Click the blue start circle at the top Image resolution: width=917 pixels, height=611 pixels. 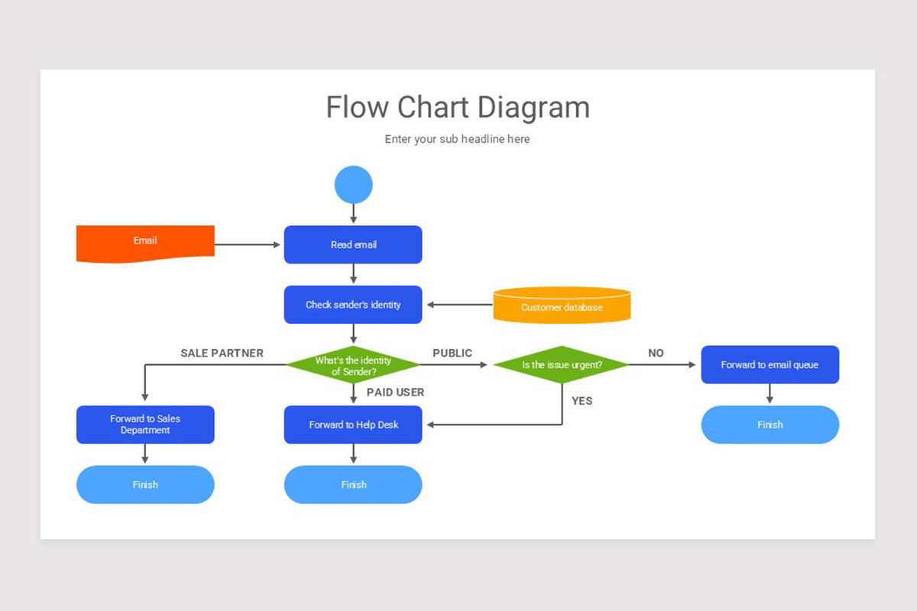pyautogui.click(x=353, y=185)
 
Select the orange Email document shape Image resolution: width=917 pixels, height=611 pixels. pyautogui.click(x=145, y=244)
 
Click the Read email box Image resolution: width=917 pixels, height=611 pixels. pyautogui.click(x=353, y=244)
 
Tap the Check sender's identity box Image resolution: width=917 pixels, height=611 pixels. pyautogui.click(x=353, y=305)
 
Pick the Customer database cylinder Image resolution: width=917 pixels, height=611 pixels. pyautogui.click(x=562, y=306)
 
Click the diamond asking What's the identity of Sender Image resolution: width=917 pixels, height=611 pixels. pyautogui.click(x=353, y=365)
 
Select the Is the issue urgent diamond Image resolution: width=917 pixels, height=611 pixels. pyautogui.click(x=562, y=364)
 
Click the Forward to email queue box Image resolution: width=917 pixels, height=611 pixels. pyautogui.click(x=770, y=364)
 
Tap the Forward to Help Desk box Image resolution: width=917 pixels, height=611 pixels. pyautogui.click(x=353, y=425)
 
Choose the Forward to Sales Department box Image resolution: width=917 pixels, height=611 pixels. pyautogui.click(x=145, y=425)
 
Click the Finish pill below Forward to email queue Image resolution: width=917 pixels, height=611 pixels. pyautogui.click(x=770, y=425)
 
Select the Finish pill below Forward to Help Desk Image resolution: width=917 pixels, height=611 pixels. pyautogui.click(x=353, y=484)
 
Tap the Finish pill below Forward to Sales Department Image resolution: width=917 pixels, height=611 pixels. pyautogui.click(x=145, y=484)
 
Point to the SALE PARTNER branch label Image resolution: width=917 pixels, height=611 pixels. pyautogui.click(x=222, y=353)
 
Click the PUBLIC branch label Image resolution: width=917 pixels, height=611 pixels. pyautogui.click(x=452, y=353)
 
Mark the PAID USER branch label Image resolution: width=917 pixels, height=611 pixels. pyautogui.click(x=395, y=392)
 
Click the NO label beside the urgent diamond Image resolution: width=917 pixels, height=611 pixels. pyautogui.click(x=656, y=353)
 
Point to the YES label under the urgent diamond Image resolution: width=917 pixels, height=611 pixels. pyautogui.click(x=582, y=400)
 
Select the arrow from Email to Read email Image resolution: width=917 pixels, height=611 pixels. pyautogui.click(x=248, y=244)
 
